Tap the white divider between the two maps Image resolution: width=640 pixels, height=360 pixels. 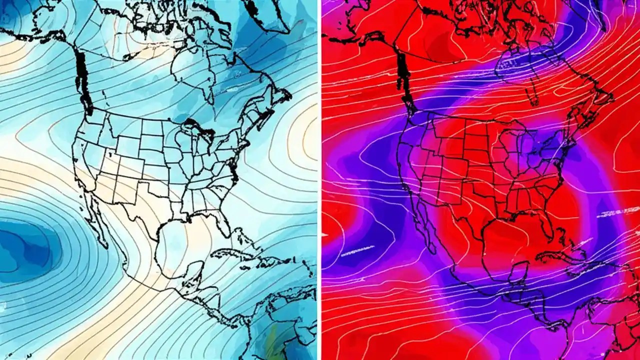319,180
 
